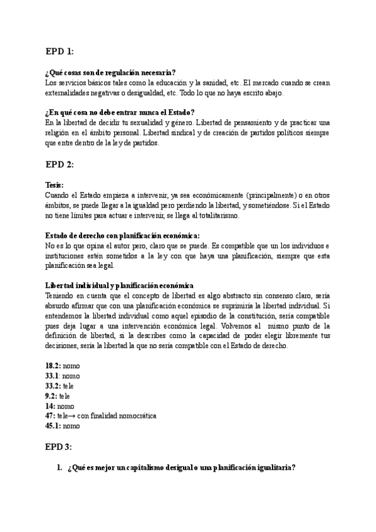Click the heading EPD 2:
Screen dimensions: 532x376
tap(60, 164)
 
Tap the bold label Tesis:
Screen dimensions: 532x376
tap(55, 186)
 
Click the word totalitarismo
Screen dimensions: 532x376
tap(226, 216)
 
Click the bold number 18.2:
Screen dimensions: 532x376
tap(53, 366)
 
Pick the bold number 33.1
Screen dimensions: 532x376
tap(53, 376)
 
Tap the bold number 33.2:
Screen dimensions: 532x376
tap(53, 386)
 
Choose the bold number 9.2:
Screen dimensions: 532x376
tap(51, 396)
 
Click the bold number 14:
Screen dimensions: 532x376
tap(50, 406)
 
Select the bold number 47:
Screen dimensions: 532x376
tap(50, 416)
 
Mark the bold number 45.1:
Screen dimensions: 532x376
tap(53, 426)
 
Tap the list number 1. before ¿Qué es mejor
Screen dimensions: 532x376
tap(60, 468)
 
